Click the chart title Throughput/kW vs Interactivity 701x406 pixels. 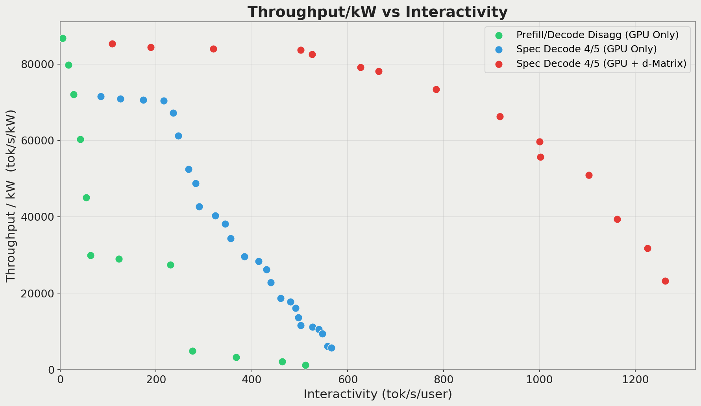377,12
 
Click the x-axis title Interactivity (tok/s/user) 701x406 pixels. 377,394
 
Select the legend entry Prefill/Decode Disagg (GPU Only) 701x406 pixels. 597,35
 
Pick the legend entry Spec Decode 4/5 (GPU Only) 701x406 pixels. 586,49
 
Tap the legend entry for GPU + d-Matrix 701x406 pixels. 601,63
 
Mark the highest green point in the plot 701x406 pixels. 63,38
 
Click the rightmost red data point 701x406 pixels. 665,281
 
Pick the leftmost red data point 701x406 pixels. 112,44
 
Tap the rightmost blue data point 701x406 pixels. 331,348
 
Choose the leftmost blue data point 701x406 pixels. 101,96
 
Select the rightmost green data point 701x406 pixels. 305,365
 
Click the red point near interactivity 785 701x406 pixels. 436,89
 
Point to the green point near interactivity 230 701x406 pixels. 170,265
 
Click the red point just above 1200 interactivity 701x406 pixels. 647,248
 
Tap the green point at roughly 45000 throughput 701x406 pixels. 86,197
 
